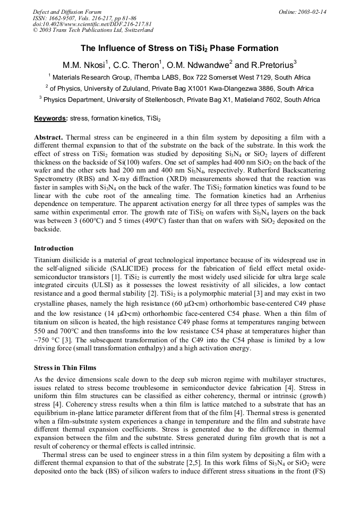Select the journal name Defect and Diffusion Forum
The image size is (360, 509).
pos(67,12)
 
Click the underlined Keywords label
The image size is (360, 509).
pos(50,118)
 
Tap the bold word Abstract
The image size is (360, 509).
pos(48,137)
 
